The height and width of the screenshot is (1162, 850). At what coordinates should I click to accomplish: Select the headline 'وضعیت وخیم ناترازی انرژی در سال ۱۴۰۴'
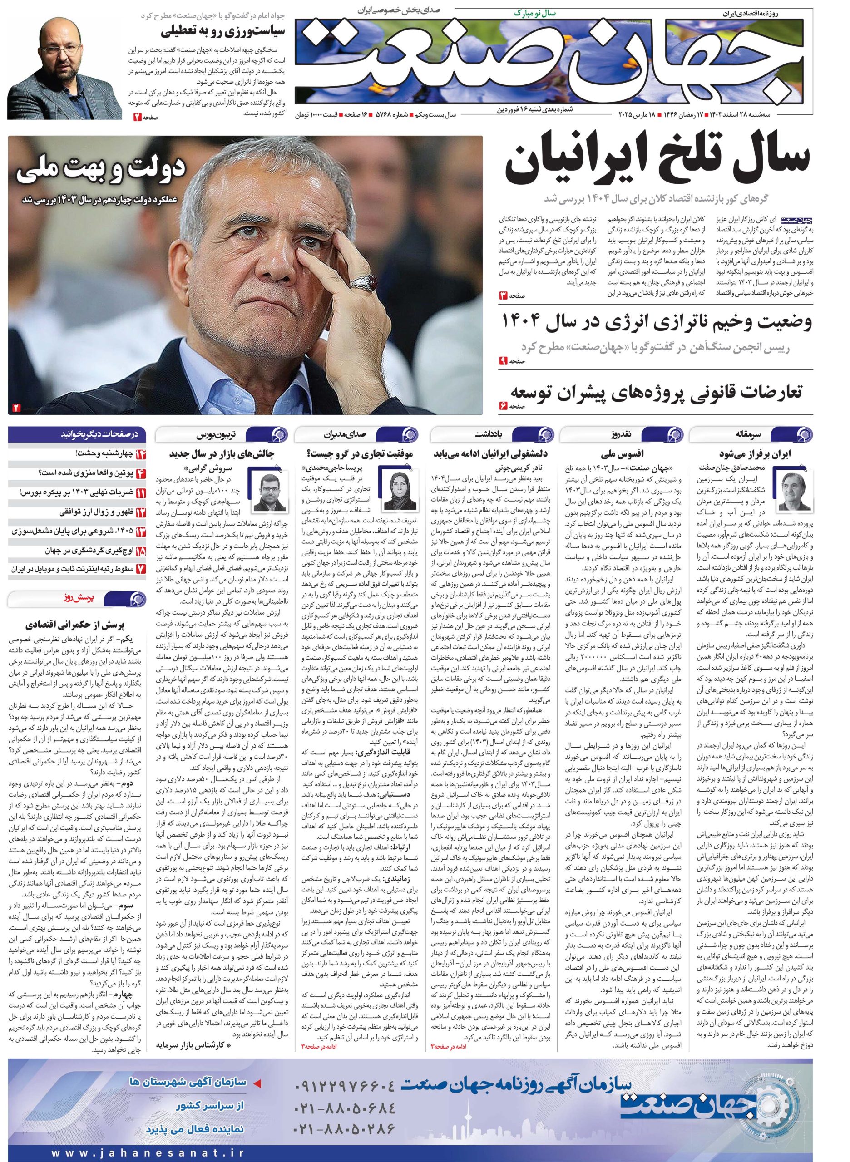click(x=657, y=323)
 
